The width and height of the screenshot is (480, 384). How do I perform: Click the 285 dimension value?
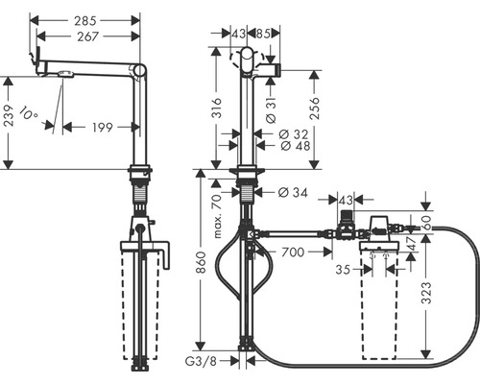(x=85, y=21)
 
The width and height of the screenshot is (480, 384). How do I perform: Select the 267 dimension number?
(x=87, y=36)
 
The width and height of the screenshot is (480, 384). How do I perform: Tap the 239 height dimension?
(x=9, y=116)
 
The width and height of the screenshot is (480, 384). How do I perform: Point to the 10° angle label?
(x=29, y=114)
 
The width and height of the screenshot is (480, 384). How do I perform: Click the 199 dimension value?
(x=103, y=128)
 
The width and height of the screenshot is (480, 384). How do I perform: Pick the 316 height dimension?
(x=217, y=108)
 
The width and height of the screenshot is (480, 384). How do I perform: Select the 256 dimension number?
(x=314, y=108)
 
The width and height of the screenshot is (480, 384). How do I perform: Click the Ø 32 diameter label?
(x=294, y=134)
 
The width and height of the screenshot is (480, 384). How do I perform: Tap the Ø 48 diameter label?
(x=295, y=146)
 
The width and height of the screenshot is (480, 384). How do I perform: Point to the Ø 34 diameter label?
(x=293, y=192)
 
